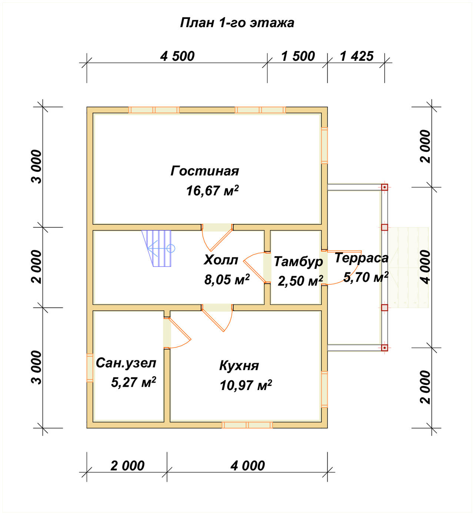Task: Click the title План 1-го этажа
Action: (x=237, y=23)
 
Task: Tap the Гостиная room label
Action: (x=205, y=171)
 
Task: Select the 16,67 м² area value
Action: (x=213, y=191)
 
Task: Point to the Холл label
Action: (x=221, y=260)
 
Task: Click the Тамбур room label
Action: (x=298, y=262)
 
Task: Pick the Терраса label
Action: (x=361, y=258)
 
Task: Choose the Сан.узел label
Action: (x=126, y=363)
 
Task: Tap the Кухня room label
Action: (x=239, y=366)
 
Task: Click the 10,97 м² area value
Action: (x=246, y=385)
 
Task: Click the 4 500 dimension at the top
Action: (x=177, y=56)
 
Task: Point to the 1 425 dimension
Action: (x=357, y=56)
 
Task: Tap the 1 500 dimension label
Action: (x=298, y=56)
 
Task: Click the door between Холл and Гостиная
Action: (x=217, y=237)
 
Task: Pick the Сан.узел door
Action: (x=177, y=333)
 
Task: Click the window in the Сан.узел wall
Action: (x=90, y=368)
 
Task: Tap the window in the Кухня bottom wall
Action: (x=247, y=425)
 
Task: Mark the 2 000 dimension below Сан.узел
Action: (x=127, y=466)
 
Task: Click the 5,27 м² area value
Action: (x=133, y=382)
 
